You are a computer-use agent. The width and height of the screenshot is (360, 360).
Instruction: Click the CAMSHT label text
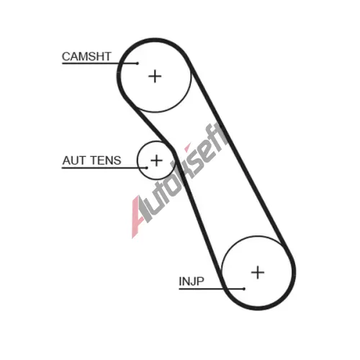[86, 57]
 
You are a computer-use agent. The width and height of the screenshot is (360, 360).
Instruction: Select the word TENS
[106, 161]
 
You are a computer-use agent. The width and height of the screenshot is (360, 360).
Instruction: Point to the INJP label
[192, 281]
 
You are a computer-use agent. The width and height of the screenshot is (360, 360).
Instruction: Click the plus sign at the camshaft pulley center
[155, 76]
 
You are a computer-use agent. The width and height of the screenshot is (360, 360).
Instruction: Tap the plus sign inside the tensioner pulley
[156, 161]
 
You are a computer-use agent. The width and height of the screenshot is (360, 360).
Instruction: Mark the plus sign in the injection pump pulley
[258, 272]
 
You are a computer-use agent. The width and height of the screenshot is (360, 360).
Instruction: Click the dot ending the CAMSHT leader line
[138, 63]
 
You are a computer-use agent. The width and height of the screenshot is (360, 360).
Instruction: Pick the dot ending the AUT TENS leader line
[147, 168]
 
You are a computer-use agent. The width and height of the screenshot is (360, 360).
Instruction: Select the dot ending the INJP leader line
[244, 289]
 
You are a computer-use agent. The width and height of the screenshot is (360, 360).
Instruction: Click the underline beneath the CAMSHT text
[99, 63]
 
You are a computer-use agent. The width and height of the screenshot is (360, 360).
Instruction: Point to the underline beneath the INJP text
[212, 289]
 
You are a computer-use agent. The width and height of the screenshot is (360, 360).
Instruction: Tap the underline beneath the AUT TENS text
[104, 168]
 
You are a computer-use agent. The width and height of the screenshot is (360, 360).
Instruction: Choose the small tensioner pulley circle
[138, 161]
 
